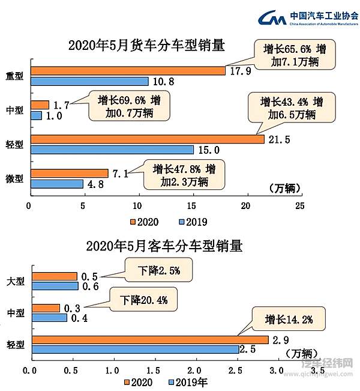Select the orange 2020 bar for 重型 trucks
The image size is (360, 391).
click(127, 71)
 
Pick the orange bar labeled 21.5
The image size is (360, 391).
click(147, 139)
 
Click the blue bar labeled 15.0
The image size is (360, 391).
click(112, 150)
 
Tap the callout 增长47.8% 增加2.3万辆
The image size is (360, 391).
click(184, 175)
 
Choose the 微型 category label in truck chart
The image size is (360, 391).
click(14, 179)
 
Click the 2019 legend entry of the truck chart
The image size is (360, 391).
click(193, 222)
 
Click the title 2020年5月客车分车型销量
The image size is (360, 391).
click(164, 246)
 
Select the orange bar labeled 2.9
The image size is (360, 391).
click(149, 340)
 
